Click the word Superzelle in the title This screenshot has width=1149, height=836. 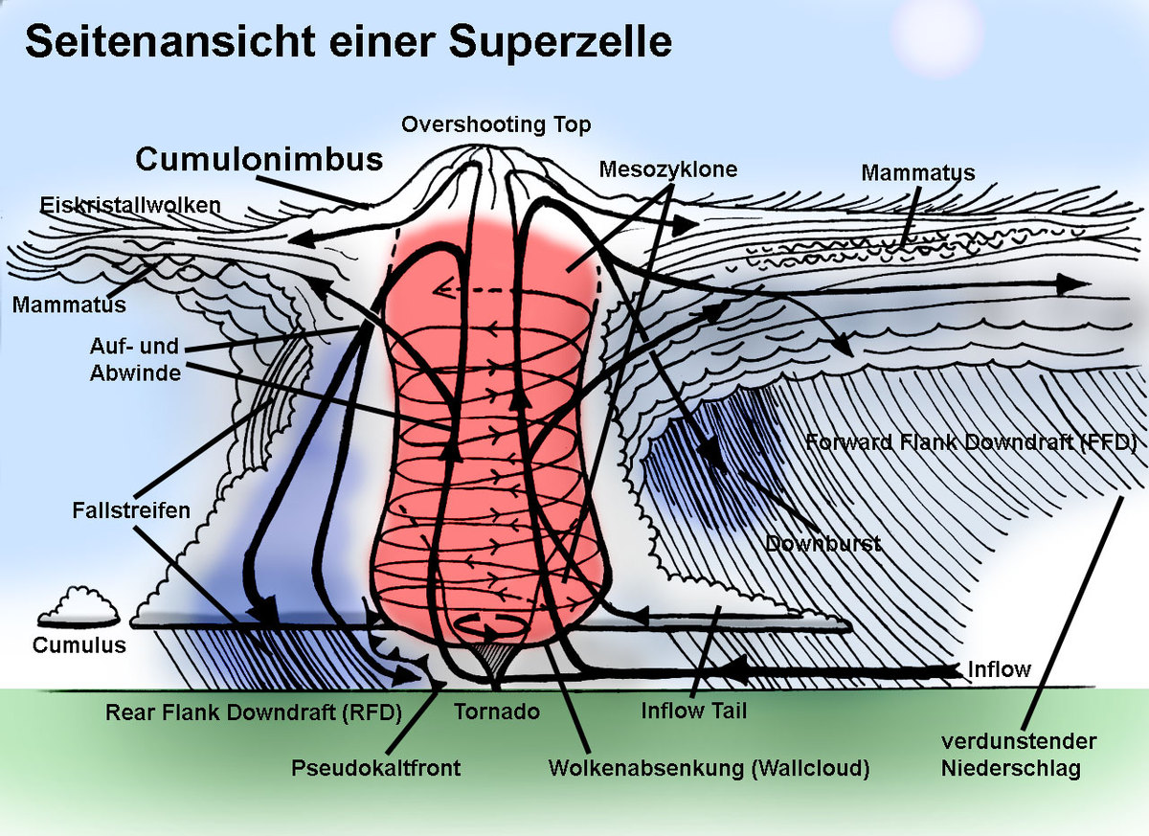[560, 43]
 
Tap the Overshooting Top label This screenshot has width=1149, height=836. [496, 124]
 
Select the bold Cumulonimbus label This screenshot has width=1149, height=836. [259, 159]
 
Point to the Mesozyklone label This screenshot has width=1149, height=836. [668, 169]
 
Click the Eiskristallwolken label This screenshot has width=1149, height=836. [130, 205]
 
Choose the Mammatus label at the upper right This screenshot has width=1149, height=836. [917, 172]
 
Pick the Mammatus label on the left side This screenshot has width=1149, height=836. [69, 305]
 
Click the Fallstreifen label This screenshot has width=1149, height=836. [131, 510]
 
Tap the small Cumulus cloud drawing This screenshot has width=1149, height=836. [79, 607]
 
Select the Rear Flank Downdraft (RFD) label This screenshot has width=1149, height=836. [254, 712]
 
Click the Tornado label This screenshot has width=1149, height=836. [497, 712]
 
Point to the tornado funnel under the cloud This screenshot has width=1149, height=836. [491, 663]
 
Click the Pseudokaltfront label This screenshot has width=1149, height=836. [376, 768]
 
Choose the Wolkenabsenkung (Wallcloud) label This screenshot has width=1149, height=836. [709, 769]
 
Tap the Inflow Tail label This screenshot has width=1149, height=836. [694, 712]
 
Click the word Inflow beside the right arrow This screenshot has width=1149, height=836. [1000, 669]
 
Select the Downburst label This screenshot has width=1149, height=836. [823, 544]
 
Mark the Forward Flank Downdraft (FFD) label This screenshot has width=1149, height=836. [971, 442]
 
